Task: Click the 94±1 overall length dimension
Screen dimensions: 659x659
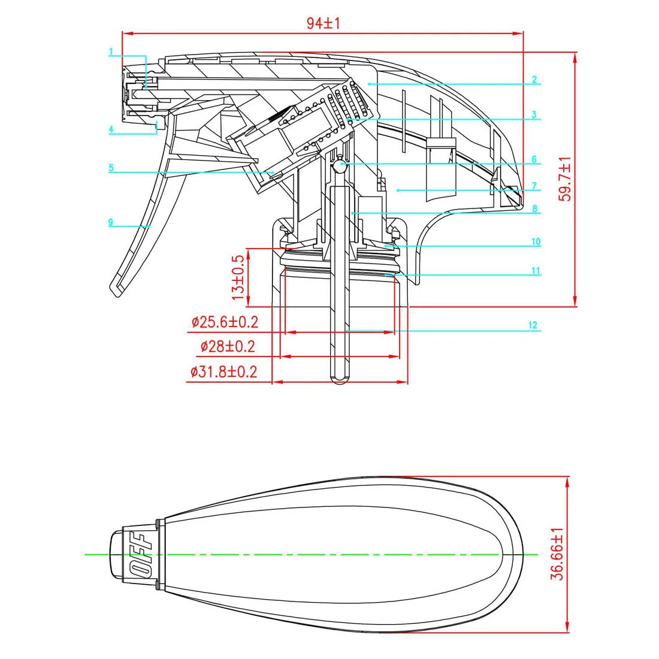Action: click(324, 23)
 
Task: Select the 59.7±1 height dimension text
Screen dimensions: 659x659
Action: click(565, 179)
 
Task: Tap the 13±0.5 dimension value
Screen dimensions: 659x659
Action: click(238, 277)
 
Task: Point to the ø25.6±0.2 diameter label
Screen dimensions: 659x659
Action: click(225, 322)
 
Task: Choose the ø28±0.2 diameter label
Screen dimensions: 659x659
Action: click(228, 346)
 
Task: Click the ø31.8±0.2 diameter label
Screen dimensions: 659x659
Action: click(223, 371)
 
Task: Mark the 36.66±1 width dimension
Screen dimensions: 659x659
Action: click(558, 554)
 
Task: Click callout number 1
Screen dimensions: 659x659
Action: click(111, 52)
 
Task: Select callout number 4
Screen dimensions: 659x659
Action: click(111, 129)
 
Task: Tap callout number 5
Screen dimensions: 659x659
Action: click(111, 168)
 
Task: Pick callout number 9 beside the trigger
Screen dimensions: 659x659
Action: click(111, 222)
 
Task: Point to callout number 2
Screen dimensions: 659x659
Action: click(534, 79)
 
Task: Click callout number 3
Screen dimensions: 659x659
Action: click(534, 115)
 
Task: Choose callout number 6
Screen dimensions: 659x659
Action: click(534, 159)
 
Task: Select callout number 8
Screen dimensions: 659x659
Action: click(534, 209)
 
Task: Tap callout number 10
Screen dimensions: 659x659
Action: click(536, 242)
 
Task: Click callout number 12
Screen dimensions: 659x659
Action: click(533, 325)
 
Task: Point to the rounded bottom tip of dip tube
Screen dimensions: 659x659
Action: click(338, 380)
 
